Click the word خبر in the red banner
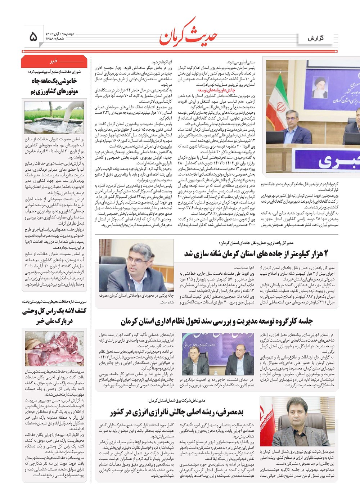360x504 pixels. click(x=54, y=61)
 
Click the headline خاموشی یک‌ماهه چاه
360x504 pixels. click(x=54, y=81)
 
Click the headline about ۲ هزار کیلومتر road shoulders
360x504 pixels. click(x=256, y=254)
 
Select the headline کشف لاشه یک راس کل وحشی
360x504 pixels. click(x=54, y=311)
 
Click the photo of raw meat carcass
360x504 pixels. click(x=54, y=348)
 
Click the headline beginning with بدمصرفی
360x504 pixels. click(x=177, y=412)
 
